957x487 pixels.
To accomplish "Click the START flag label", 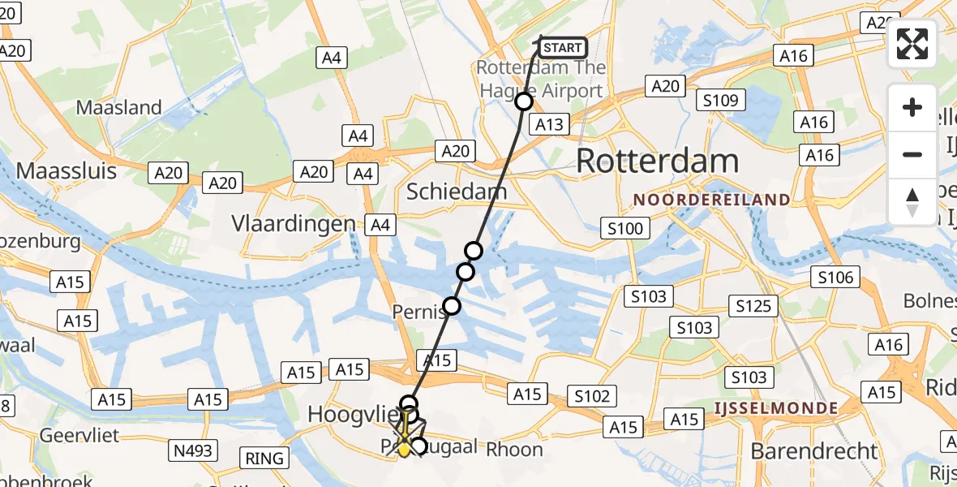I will click(x=562, y=48).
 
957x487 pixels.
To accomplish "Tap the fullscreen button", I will click(x=912, y=44).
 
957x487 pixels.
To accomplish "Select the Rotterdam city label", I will click(x=657, y=162).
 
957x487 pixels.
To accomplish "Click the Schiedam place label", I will click(x=457, y=192).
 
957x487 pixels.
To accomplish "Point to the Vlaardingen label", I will click(x=294, y=223).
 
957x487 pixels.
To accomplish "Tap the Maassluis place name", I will click(x=67, y=171).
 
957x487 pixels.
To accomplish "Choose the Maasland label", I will click(x=119, y=107).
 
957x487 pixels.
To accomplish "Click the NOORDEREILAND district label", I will click(x=712, y=200).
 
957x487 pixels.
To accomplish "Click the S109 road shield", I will click(x=719, y=101).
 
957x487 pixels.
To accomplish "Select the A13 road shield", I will click(x=548, y=123).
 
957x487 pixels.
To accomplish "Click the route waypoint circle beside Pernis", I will click(x=452, y=306).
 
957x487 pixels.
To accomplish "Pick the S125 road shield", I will click(x=753, y=306).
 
